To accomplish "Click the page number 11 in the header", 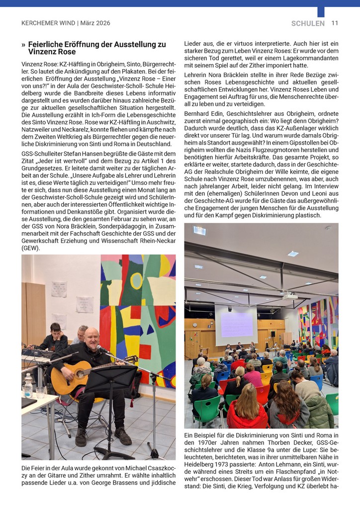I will click(x=335, y=23).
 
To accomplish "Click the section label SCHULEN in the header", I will click(x=308, y=23).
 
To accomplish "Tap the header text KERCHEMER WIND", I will click(x=48, y=23).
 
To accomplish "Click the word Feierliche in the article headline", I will click(x=48, y=44).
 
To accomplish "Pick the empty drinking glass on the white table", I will click(x=39, y=393).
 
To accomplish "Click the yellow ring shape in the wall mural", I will click(x=137, y=280).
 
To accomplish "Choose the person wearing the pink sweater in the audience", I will click(x=253, y=376).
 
